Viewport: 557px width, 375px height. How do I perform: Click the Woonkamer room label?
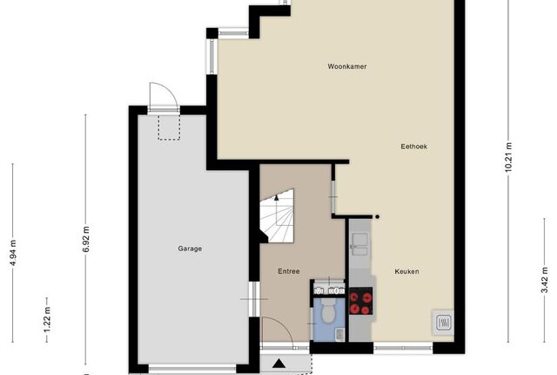point(346,66)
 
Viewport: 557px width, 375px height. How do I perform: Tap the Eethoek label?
point(414,147)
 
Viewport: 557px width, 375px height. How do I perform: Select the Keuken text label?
point(406,271)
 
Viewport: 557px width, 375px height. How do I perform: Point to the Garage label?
point(190,249)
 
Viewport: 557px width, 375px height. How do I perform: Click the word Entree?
point(289,271)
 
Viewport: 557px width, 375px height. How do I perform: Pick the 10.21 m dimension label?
point(508,157)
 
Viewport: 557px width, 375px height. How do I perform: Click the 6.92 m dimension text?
point(86,239)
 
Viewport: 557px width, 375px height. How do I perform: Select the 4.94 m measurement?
point(13,253)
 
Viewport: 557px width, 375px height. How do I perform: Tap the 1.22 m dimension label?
point(47,319)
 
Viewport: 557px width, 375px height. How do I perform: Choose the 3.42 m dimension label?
point(545,280)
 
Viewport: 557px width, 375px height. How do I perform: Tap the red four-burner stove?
point(360,301)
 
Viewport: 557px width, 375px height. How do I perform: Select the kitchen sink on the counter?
point(359,244)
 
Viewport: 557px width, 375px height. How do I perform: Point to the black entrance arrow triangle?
point(279,364)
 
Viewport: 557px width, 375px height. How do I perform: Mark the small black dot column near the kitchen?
point(377,216)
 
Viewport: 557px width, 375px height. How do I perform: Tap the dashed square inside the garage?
point(169,127)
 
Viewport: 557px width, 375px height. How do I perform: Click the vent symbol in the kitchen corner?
point(443,323)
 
